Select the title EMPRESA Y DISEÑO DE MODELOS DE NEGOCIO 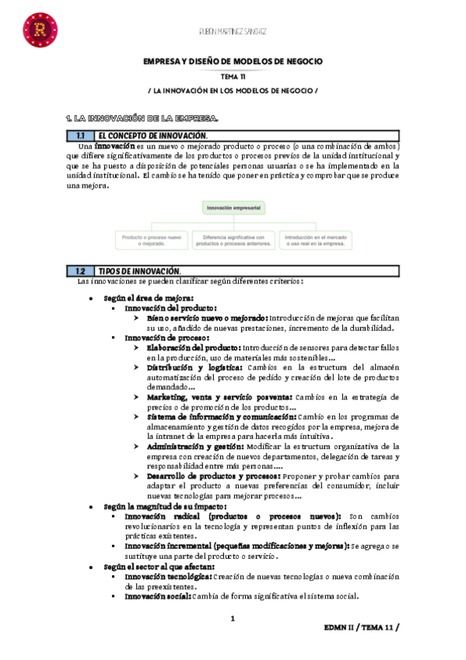233,61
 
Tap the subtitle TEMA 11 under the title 233,76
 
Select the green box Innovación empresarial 233,208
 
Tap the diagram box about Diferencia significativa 233,239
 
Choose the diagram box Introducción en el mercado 314,239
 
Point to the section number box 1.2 80,271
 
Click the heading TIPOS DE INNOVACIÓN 139,271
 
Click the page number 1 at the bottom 233,619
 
